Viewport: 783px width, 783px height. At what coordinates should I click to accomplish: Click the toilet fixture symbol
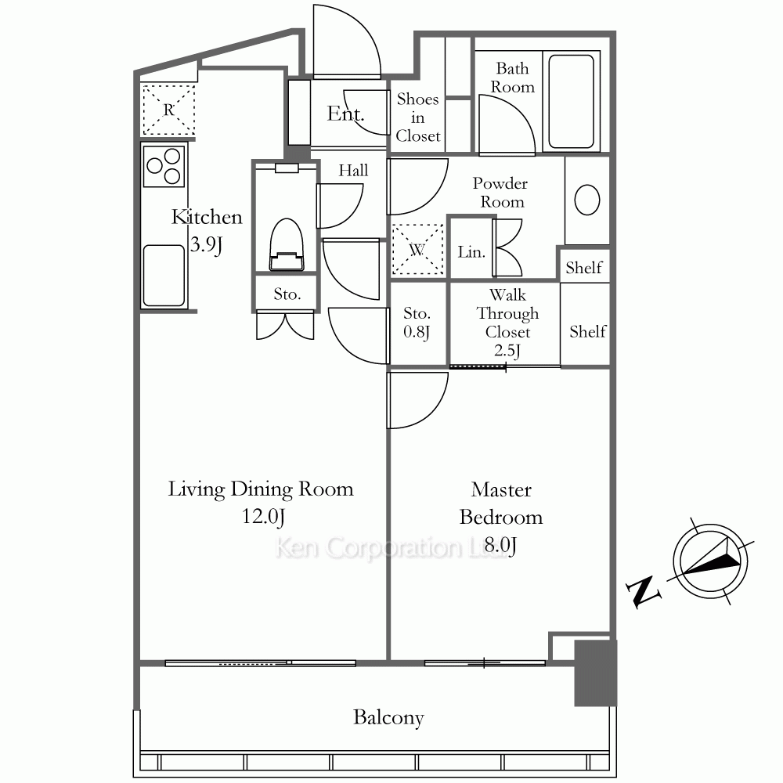click(287, 244)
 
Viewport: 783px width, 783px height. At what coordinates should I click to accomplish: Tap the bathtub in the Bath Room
click(572, 101)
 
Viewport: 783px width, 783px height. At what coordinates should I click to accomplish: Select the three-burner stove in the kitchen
click(164, 166)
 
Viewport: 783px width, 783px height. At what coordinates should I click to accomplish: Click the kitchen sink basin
click(164, 275)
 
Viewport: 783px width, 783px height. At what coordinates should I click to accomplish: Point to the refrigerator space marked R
click(168, 110)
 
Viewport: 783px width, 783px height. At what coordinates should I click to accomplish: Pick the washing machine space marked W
click(417, 249)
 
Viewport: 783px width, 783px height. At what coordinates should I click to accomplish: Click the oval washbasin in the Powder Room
click(587, 200)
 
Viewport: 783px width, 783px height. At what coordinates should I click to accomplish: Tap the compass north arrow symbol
click(711, 561)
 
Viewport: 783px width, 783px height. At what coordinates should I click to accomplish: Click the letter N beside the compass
click(644, 592)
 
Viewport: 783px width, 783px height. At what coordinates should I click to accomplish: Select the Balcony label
click(388, 717)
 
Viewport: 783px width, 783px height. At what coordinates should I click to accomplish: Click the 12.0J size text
click(263, 516)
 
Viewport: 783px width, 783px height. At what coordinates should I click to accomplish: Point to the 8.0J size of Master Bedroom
click(500, 545)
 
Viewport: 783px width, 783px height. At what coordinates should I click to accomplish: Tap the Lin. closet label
click(471, 251)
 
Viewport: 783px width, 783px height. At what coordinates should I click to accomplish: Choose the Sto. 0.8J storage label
click(417, 323)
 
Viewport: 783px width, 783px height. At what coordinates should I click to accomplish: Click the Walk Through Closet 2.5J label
click(507, 323)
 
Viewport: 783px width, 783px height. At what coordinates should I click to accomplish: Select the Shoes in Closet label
click(418, 117)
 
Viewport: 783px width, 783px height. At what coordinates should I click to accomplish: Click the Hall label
click(353, 170)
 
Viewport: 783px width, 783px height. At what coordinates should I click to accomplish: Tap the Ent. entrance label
click(345, 114)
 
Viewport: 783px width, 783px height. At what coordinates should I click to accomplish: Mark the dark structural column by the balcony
click(595, 673)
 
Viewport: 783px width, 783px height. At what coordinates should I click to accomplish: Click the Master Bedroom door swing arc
click(431, 411)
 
